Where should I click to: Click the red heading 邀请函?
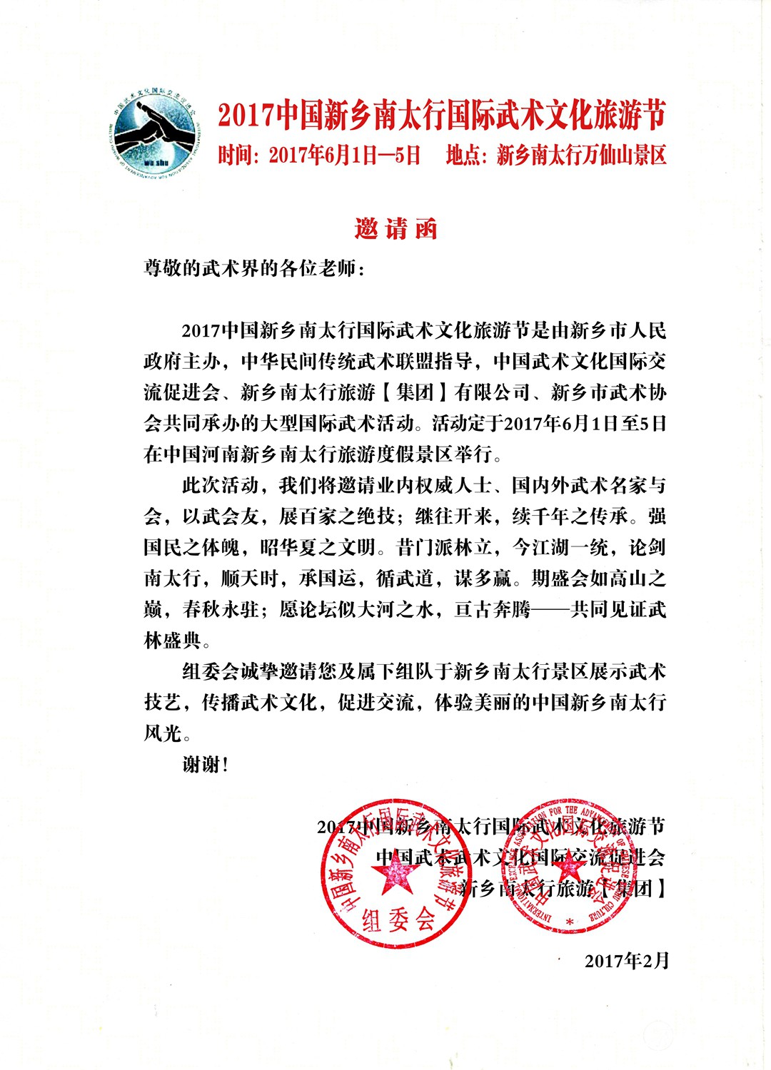pos(395,228)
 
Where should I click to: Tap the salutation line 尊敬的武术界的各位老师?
pos(253,269)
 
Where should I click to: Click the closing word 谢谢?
pos(206,765)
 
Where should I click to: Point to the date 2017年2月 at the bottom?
pos(627,961)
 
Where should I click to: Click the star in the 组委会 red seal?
pos(390,877)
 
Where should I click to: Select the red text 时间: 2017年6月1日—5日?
pos(319,155)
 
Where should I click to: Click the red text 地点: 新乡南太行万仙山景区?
pos(556,155)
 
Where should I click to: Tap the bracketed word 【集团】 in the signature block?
pos(632,888)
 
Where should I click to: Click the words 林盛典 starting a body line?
pos(173,641)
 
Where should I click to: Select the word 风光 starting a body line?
pos(163,733)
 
